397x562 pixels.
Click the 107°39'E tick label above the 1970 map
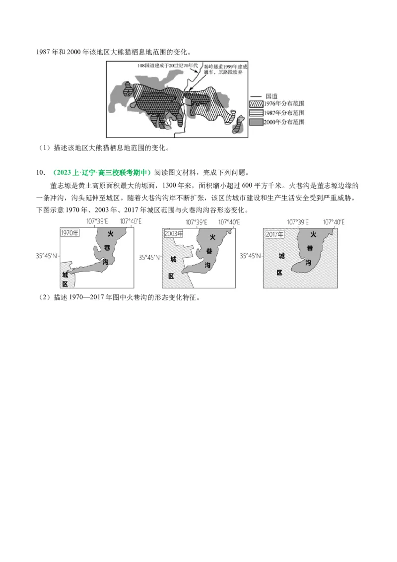97,222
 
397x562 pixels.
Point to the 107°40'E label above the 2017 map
336,222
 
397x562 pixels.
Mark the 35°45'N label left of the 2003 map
149,258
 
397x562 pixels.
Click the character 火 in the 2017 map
313,234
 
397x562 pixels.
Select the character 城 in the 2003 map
173,259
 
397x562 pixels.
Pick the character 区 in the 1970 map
65,283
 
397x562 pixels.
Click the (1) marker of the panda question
44,147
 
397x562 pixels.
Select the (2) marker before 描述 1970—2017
44,297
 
